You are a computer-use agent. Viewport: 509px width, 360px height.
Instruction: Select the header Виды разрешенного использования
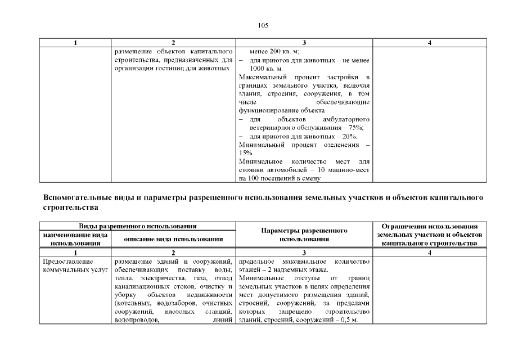point(137,226)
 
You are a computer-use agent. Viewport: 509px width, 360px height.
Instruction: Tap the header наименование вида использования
point(75,238)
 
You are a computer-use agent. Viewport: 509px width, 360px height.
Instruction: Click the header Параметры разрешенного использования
point(304,235)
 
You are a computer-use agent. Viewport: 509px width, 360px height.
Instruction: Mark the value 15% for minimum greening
point(246,153)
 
